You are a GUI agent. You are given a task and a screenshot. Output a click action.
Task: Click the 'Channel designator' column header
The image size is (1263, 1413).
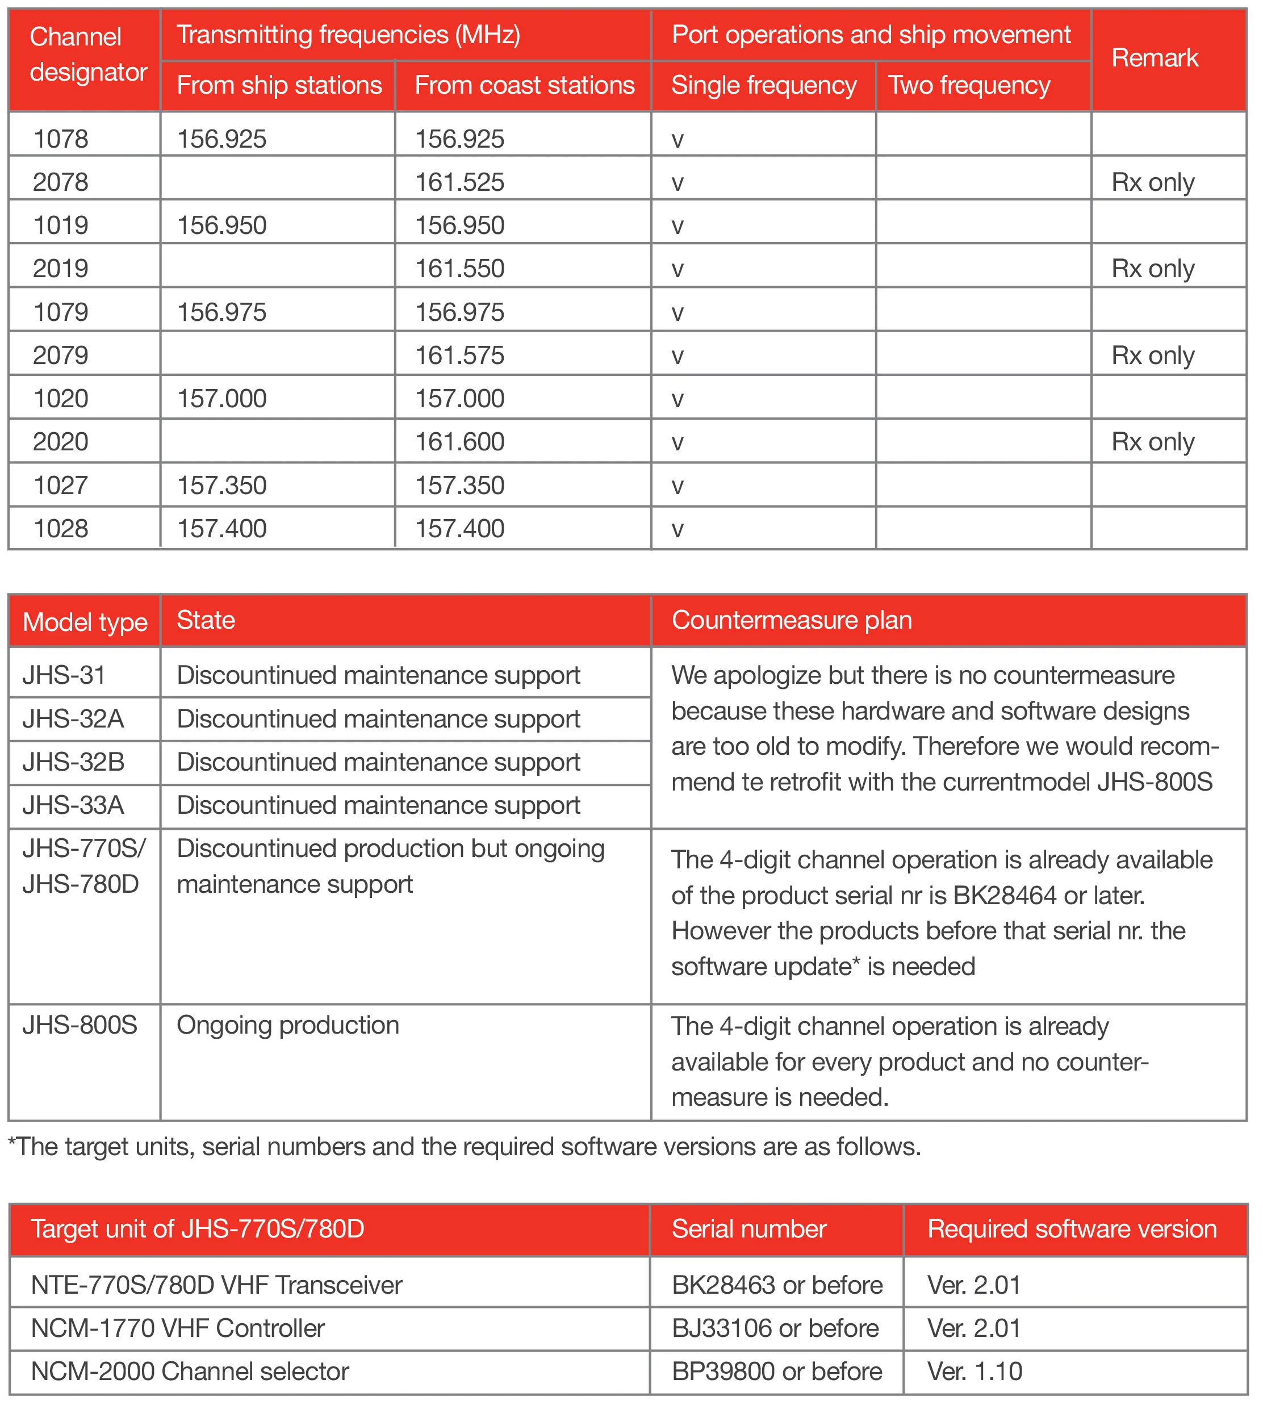pyautogui.click(x=87, y=55)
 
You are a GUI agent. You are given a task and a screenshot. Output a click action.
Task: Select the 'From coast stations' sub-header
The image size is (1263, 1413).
pyautogui.click(x=524, y=85)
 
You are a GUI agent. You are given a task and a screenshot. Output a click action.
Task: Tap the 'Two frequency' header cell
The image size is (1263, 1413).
pyautogui.click(x=969, y=85)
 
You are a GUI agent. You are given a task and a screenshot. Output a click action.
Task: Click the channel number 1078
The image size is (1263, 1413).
pyautogui.click(x=61, y=139)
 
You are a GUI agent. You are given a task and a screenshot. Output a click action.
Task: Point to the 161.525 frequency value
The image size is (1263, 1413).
pyautogui.click(x=459, y=182)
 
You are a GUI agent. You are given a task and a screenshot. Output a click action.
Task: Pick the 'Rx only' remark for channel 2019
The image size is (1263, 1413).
pyautogui.click(x=1153, y=269)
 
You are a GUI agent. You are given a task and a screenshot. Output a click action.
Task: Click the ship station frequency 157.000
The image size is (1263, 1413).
pyautogui.click(x=221, y=398)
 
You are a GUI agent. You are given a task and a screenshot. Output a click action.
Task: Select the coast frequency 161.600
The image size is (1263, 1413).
pyautogui.click(x=459, y=441)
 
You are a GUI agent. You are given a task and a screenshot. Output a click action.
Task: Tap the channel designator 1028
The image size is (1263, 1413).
pyautogui.click(x=61, y=528)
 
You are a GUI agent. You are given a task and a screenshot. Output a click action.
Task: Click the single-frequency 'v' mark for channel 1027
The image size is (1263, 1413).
pyautogui.click(x=678, y=486)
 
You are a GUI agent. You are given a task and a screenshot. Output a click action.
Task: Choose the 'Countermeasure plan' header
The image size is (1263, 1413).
pyautogui.click(x=791, y=620)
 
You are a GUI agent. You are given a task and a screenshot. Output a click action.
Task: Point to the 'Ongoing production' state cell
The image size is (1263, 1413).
pyautogui.click(x=288, y=1025)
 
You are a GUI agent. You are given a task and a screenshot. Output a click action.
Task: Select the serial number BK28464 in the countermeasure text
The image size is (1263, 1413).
pyautogui.click(x=1004, y=895)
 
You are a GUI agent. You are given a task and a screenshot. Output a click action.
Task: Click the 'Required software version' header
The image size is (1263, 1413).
pyautogui.click(x=1072, y=1228)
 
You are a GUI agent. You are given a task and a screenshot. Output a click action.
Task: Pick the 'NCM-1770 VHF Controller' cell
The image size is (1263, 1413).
pyautogui.click(x=178, y=1328)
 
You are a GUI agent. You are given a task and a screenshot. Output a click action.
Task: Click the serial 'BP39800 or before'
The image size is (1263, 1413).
pyautogui.click(x=776, y=1370)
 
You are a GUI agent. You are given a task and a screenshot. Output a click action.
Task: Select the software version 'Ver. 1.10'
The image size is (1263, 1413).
pyautogui.click(x=975, y=1370)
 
